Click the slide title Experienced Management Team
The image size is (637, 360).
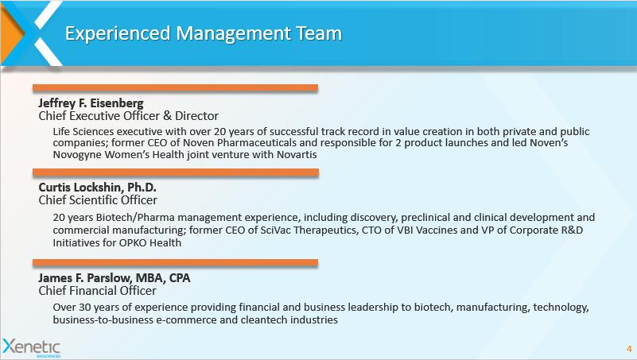pos(204,33)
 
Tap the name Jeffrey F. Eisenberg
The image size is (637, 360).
pos(91,103)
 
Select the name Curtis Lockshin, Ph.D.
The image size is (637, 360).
pos(98,187)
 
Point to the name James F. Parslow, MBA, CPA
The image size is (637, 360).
pos(115,277)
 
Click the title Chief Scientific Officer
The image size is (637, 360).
pos(98,200)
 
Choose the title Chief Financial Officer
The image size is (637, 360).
pos(98,291)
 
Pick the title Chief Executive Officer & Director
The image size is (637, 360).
pos(129,116)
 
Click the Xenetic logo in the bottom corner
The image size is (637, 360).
pos(31,348)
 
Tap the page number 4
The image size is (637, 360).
pos(629,349)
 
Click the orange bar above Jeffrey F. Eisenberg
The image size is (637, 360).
pos(175,88)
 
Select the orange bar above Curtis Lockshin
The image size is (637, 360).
pos(176,172)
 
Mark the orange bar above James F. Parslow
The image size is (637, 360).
pos(175,262)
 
